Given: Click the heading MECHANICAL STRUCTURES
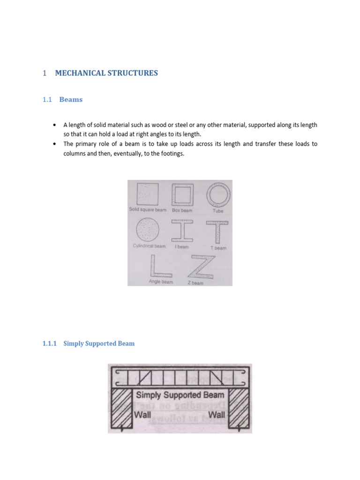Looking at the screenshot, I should pyautogui.click(x=106, y=73).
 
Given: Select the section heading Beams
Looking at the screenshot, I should pyautogui.click(x=71, y=99).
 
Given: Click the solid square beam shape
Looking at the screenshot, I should pyautogui.click(x=147, y=194).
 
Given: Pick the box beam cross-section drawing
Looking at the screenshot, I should pyautogui.click(x=182, y=194).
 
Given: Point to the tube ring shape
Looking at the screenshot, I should pyautogui.click(x=218, y=194).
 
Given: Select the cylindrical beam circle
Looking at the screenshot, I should pyautogui.click(x=147, y=231).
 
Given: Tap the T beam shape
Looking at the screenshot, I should pyautogui.click(x=218, y=232).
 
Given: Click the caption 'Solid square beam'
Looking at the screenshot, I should pyautogui.click(x=148, y=210).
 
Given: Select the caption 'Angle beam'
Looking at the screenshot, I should pyautogui.click(x=160, y=282).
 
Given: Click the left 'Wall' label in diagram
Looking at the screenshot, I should pyautogui.click(x=143, y=414).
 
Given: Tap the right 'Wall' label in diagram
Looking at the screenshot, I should pyautogui.click(x=217, y=414).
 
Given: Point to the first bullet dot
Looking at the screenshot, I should pyautogui.click(x=55, y=125).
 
